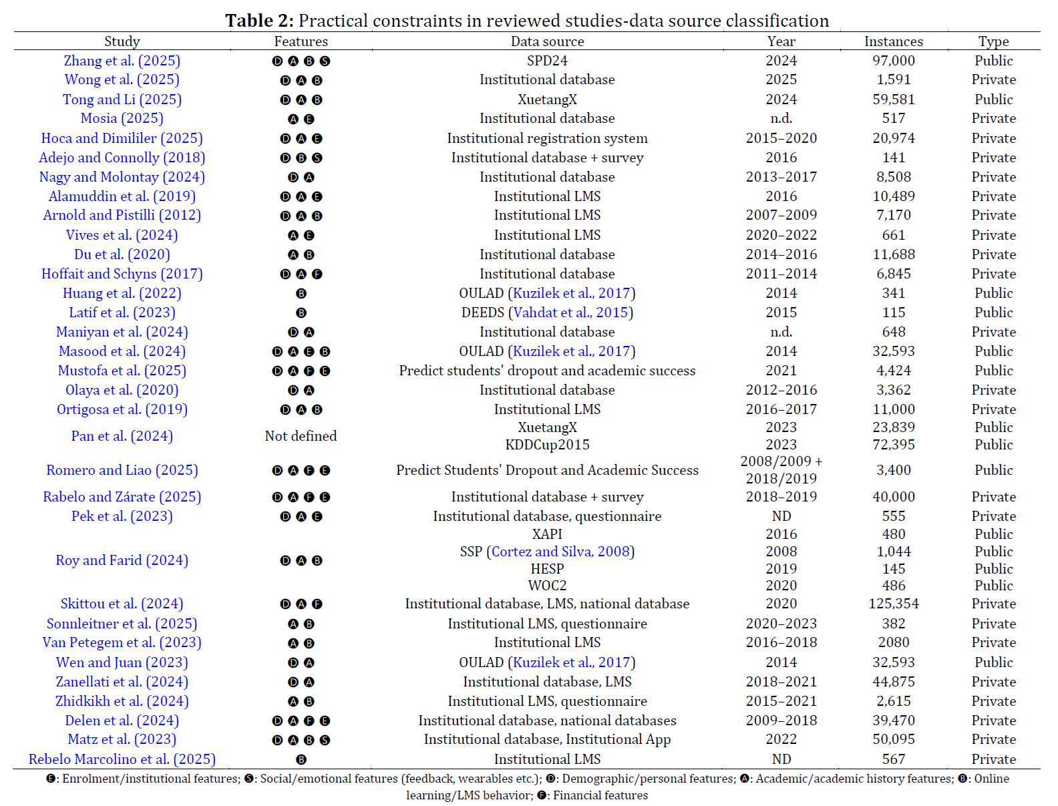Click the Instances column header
[x=893, y=41]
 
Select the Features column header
[x=301, y=41]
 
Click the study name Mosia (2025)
[x=122, y=118]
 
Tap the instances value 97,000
[x=893, y=61]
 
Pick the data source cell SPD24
[x=547, y=61]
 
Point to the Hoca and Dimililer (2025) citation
[x=122, y=138]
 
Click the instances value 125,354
[x=893, y=604]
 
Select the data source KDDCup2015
[x=547, y=445]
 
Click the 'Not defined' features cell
[x=301, y=436]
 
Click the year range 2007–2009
[x=781, y=215]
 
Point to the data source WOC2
[x=547, y=586]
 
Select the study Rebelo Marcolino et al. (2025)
[x=122, y=759]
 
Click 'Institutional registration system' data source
[x=547, y=138]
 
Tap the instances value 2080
[x=893, y=642]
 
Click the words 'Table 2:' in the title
[x=259, y=21]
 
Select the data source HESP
[x=547, y=569]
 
